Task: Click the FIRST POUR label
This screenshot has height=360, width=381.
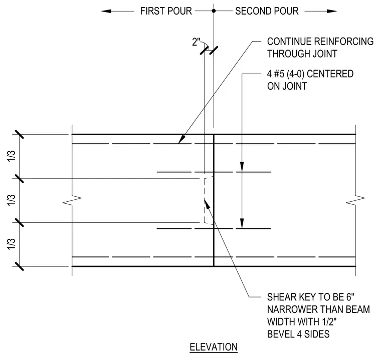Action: pyautogui.click(x=166, y=11)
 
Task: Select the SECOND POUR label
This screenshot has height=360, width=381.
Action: pyautogui.click(x=267, y=11)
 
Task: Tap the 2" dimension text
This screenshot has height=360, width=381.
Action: pyautogui.click(x=196, y=42)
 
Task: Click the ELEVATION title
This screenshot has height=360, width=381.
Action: pyautogui.click(x=214, y=347)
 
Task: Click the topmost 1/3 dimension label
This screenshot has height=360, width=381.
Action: pyautogui.click(x=11, y=156)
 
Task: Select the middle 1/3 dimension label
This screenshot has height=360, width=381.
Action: pyautogui.click(x=11, y=200)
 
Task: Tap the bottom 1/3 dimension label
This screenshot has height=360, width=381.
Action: pyautogui.click(x=11, y=244)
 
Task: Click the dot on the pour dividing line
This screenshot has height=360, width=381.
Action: pyautogui.click(x=214, y=11)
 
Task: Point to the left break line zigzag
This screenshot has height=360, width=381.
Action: pyautogui.click(x=72, y=200)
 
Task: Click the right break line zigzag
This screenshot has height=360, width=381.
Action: pyautogui.click(x=355, y=200)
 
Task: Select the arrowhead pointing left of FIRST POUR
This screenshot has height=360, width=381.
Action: pyautogui.click(x=106, y=11)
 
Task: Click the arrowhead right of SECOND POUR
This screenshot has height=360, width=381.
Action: pyautogui.click(x=332, y=11)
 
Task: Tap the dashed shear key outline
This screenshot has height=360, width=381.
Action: pyautogui.click(x=205, y=200)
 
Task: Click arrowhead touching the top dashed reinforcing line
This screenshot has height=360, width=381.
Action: pyautogui.click(x=181, y=139)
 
